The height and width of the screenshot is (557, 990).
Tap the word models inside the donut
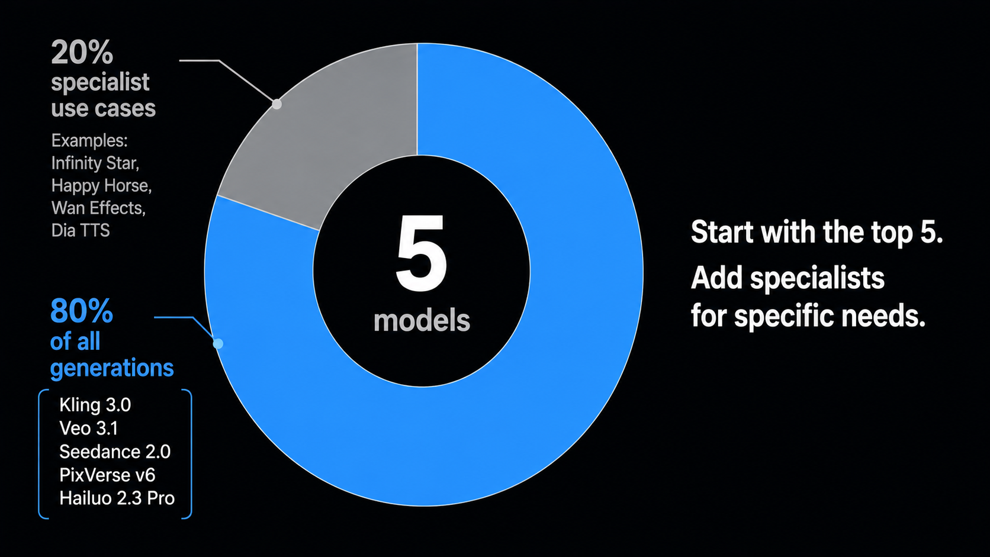point(422,321)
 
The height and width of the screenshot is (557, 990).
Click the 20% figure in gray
point(82,52)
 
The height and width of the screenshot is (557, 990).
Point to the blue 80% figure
point(82,311)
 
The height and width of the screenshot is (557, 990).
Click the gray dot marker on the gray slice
point(277,104)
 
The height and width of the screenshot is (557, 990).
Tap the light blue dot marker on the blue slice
point(218,344)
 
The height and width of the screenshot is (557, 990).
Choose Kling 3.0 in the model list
point(95,405)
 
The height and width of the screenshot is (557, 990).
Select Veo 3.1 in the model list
point(88,429)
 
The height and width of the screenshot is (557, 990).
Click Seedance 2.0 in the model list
point(115,452)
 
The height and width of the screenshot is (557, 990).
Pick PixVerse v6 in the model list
point(107,475)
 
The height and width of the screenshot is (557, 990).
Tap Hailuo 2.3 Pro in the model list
point(117,498)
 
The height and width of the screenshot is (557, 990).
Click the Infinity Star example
point(95,163)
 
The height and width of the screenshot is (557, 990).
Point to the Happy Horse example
point(102,186)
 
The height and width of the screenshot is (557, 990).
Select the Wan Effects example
point(98,208)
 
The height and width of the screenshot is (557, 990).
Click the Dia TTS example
point(81,231)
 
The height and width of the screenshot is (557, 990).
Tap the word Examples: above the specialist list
point(89,141)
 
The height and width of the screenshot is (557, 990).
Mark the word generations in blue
point(112,368)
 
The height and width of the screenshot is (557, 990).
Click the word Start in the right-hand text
point(722,232)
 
